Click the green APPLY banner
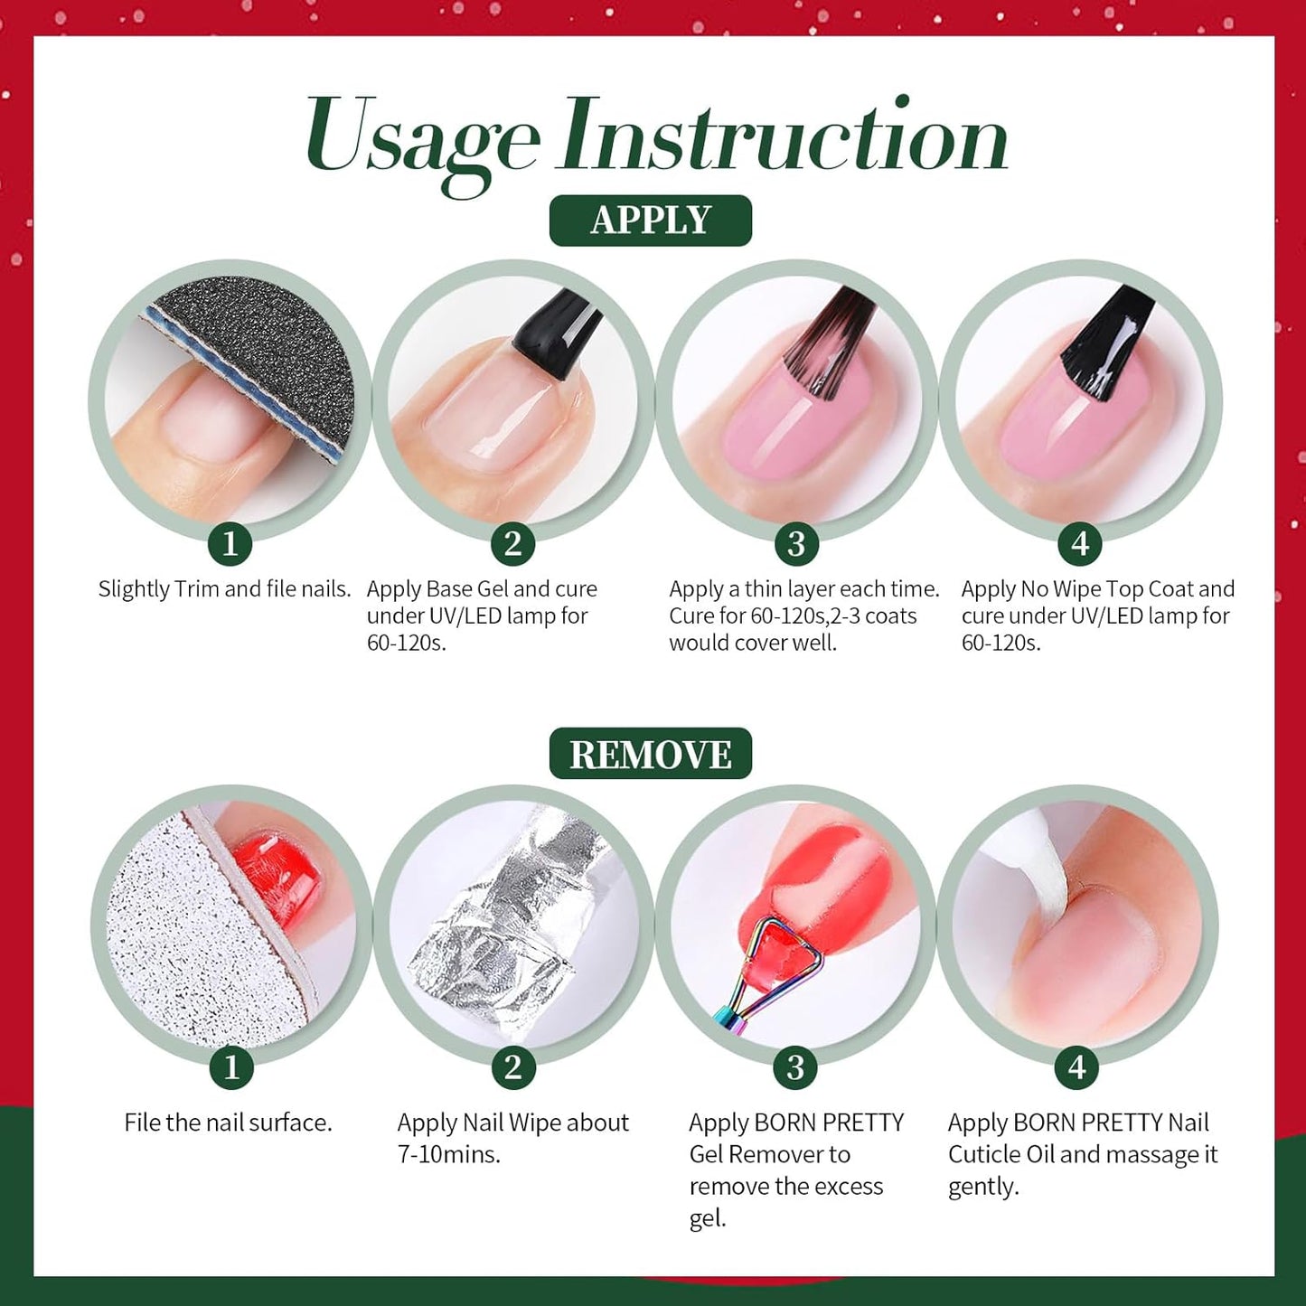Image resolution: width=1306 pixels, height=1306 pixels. click(650, 221)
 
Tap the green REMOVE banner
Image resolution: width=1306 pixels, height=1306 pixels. click(650, 754)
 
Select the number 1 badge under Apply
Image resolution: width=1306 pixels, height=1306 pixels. click(230, 544)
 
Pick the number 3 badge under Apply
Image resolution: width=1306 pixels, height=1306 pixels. click(796, 544)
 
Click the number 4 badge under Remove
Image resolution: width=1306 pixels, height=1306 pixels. click(1076, 1067)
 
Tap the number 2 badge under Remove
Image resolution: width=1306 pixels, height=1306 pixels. click(513, 1067)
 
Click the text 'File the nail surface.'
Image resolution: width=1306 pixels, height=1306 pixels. click(228, 1123)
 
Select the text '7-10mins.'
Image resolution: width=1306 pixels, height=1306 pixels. click(448, 1154)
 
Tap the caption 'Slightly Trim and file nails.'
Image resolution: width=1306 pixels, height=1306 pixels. click(224, 589)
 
